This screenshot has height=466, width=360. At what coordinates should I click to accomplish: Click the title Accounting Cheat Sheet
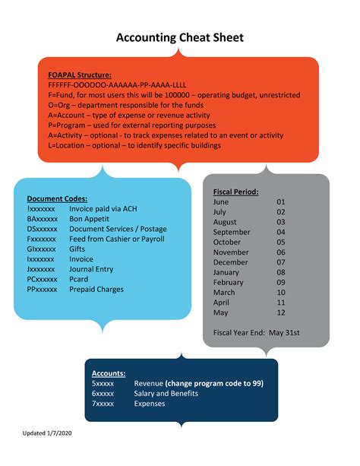[x=179, y=38]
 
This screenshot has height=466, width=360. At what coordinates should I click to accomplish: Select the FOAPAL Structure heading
[x=80, y=75]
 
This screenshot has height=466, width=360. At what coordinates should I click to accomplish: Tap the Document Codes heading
[x=57, y=198]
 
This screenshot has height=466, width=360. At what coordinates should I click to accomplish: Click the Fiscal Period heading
[x=236, y=192]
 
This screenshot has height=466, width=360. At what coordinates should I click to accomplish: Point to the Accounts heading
[x=109, y=373]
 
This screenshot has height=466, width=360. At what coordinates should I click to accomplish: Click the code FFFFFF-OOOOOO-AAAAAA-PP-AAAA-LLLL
[x=118, y=85]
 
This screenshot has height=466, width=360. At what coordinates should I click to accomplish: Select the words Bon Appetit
[x=89, y=218]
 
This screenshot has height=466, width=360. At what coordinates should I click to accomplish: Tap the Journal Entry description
[x=91, y=269]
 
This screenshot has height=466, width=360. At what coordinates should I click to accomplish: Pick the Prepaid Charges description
[x=96, y=289]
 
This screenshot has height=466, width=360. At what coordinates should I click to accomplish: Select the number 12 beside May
[x=280, y=312]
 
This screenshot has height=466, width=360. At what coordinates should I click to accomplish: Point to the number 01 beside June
[x=280, y=202]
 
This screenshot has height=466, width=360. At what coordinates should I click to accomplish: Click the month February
[x=229, y=282]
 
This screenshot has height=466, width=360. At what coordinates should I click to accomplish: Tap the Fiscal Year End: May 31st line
[x=257, y=332]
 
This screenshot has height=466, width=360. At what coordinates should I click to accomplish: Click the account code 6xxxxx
[x=103, y=394]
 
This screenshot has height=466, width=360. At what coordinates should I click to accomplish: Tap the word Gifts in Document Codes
[x=78, y=249]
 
